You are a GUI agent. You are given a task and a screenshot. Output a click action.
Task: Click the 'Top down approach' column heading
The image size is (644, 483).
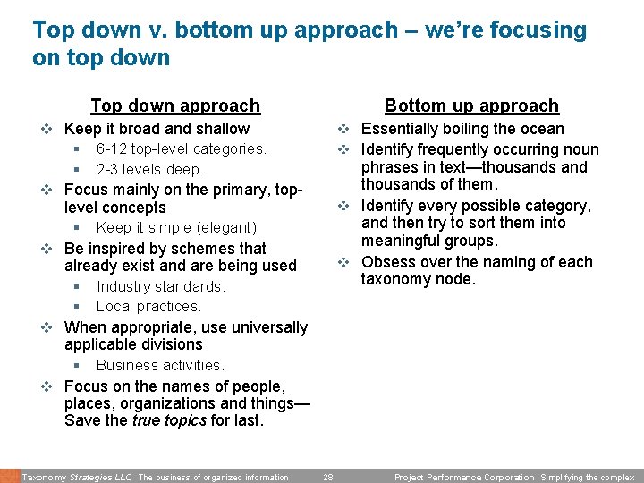tap(175, 106)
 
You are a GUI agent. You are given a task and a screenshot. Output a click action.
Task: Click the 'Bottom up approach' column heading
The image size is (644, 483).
tap(471, 106)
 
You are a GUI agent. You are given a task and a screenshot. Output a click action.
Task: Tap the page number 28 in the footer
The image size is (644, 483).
tap(328, 478)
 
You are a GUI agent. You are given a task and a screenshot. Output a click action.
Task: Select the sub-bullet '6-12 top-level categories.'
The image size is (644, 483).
tap(181, 148)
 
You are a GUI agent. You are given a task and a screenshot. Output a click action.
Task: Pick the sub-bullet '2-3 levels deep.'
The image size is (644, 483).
tap(149, 169)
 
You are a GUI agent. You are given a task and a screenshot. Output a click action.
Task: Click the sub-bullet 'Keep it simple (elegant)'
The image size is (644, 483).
tap(176, 227)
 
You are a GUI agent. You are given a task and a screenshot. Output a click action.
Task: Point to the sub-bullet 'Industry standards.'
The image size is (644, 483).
tap(160, 286)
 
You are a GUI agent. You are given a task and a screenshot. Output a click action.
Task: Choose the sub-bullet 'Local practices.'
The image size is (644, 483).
tap(148, 306)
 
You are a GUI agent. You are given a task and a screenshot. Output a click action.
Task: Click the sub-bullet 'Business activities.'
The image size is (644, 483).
tap(160, 365)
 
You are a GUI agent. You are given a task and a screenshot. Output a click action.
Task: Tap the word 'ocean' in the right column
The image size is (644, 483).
tap(542, 129)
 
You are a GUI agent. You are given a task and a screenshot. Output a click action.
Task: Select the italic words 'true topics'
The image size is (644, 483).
tap(169, 420)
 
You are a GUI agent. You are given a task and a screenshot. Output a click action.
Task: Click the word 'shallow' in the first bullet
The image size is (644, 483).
tap(223, 129)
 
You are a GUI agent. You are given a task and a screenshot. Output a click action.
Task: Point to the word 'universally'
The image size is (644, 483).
tap(266, 327)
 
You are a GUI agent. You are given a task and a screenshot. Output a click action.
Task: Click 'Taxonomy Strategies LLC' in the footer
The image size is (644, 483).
tap(77, 478)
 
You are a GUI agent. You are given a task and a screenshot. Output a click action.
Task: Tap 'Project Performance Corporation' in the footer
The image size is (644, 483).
tap(463, 478)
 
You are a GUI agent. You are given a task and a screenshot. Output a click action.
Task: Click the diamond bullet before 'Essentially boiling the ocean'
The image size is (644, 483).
tap(344, 129)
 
